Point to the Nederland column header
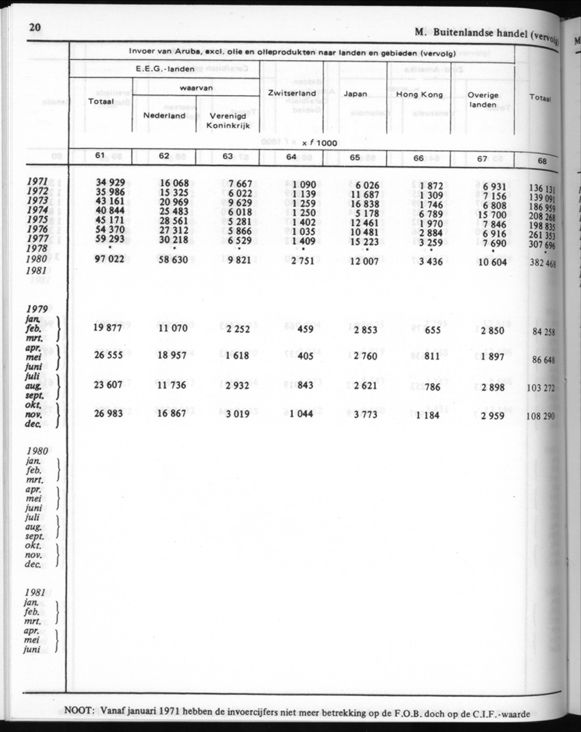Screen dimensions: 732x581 [x=164, y=116]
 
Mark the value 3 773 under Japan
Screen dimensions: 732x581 [x=368, y=415]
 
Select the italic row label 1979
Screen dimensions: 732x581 [x=36, y=308]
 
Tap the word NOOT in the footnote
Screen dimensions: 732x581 [x=79, y=710]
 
